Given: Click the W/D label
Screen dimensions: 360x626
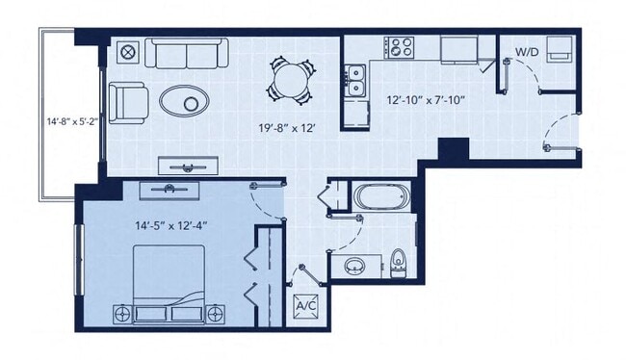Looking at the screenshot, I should click(526, 51).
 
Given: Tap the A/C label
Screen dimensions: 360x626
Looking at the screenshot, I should click(306, 305).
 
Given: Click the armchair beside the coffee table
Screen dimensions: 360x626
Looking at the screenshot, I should click(127, 100).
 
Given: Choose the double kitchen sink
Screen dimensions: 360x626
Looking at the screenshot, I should click(355, 79).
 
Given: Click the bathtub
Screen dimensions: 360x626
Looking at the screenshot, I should click(381, 198).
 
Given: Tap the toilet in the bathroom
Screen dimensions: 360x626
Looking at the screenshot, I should click(399, 261).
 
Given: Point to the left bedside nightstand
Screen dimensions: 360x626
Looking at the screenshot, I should click(123, 312).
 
